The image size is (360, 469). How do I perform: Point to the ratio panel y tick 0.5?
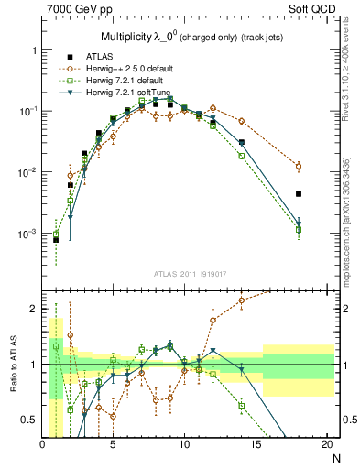pos(30,420)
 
